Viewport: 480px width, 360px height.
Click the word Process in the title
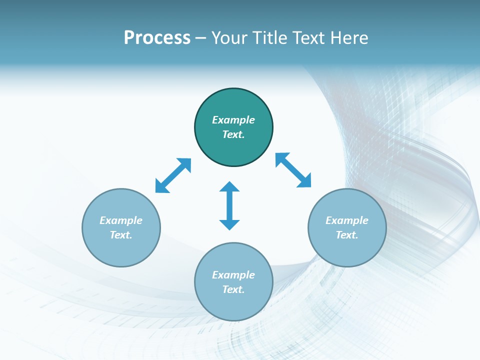point(157,38)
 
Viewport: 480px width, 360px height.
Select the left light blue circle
point(121,250)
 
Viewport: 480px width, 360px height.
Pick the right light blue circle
point(347,250)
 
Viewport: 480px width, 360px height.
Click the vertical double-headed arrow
point(229,205)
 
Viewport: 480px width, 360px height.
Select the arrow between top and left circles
point(173,175)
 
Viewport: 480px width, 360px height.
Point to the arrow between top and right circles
point(293,170)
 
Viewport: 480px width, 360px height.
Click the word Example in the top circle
point(233,120)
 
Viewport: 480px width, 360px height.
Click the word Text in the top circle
point(233,134)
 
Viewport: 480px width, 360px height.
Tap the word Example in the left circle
point(121,220)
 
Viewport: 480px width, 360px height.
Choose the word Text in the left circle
point(121,235)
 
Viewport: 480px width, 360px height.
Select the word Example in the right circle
point(347,220)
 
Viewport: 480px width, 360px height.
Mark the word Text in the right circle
point(347,235)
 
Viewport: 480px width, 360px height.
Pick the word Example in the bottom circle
point(233,275)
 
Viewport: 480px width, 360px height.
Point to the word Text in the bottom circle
point(233,289)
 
